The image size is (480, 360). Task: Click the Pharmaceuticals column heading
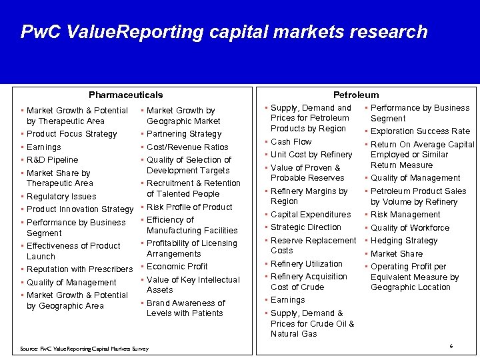coord(125,95)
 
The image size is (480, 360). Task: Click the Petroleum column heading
coord(356,95)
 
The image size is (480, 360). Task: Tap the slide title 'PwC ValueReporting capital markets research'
coord(224,32)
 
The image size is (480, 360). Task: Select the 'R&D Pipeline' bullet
coord(52,160)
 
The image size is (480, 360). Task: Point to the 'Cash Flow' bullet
coord(291,142)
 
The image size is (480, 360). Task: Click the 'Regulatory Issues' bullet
coord(61,197)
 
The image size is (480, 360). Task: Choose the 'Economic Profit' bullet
coord(177,267)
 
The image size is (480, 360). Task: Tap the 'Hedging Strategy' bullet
coord(404,241)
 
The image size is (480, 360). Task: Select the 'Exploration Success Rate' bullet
coord(420,131)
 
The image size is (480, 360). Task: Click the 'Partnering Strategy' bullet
coord(183,134)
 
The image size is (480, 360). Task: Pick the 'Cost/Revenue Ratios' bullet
coord(187,147)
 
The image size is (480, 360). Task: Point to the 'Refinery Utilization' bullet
coord(307,264)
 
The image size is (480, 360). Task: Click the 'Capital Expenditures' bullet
coord(311,215)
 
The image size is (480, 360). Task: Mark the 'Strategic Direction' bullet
coord(306,227)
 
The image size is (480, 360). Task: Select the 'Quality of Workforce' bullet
coord(410,228)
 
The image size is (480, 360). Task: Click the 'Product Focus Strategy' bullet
coord(71,134)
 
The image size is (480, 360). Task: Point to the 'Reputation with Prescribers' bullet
coord(79,269)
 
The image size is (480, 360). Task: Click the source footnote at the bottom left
coord(84,349)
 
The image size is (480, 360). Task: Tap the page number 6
coord(451,346)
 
